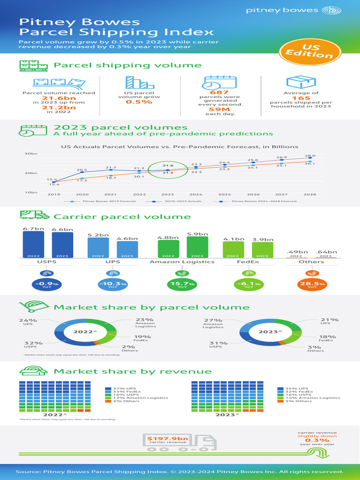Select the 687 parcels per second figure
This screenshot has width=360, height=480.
[209, 92]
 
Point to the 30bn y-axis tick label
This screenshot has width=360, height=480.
[31, 154]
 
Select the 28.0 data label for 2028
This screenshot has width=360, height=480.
[310, 156]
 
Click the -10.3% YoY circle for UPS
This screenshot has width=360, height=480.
[112, 285]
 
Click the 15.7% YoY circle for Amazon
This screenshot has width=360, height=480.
[182, 285]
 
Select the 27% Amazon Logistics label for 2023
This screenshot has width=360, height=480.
[213, 322]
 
